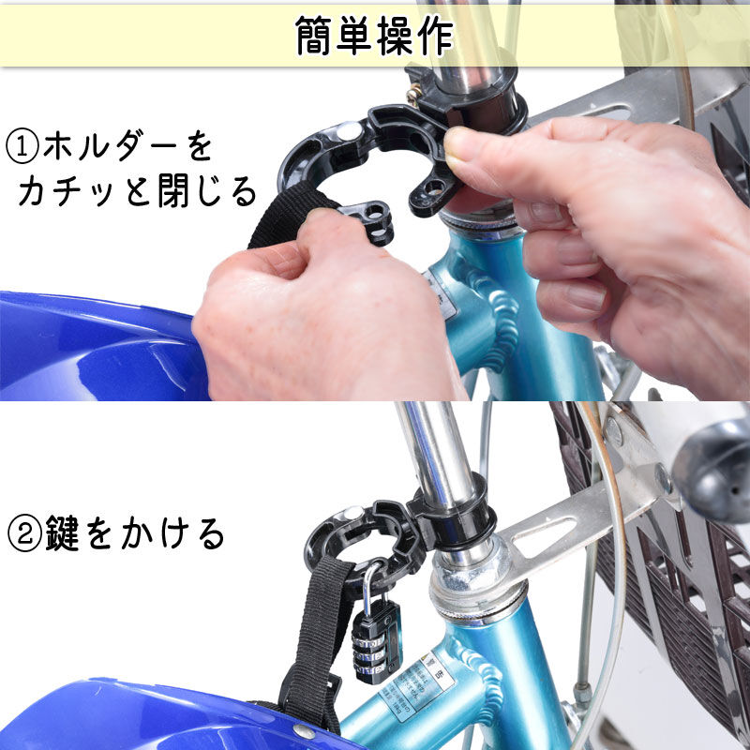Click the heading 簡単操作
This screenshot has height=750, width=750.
click(374, 36)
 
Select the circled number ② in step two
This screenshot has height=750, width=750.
click(24, 532)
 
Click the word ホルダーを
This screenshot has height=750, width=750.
click(127, 147)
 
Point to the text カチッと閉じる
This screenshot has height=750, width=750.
click(137, 190)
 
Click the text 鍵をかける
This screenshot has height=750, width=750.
click(135, 532)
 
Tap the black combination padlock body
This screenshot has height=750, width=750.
click(377, 642)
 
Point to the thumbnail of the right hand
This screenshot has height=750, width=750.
click(459, 142)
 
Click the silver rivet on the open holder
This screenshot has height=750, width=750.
click(349, 130)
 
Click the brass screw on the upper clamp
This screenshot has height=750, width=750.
click(414, 91)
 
